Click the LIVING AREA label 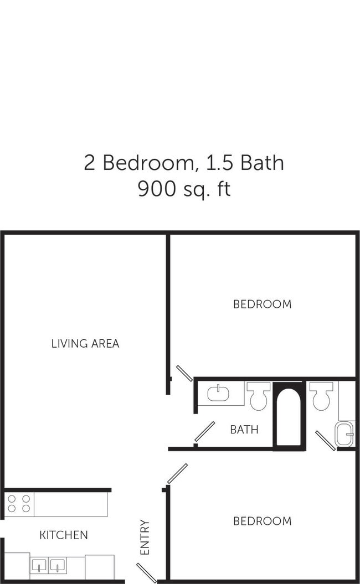click(85, 343)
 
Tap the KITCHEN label click(63, 535)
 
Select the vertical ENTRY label click(145, 537)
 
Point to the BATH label click(244, 430)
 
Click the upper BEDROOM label click(262, 304)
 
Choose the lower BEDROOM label click(262, 521)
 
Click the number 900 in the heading click(158, 189)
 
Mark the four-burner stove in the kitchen click(19, 504)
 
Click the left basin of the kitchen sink click(39, 565)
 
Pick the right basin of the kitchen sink click(57, 565)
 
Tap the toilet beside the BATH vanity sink click(259, 396)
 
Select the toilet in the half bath click(322, 396)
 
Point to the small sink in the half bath click(344, 433)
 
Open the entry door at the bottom click(147, 573)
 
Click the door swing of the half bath click(325, 440)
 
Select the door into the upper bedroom click(184, 373)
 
